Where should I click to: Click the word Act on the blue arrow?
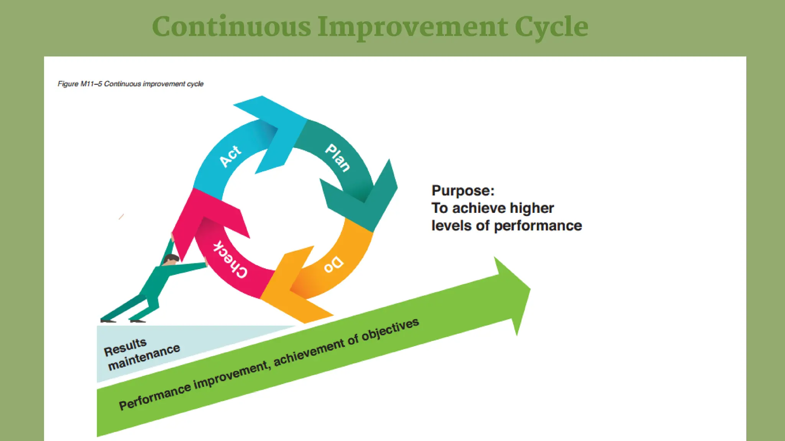pos(230,156)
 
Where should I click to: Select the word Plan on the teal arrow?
pos(338,158)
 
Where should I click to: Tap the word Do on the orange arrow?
pos(333,264)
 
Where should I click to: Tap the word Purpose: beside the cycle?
pos(463,191)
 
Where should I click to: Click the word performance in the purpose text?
pos(538,226)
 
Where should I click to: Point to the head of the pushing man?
pos(171,260)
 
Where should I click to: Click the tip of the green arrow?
pos(529,289)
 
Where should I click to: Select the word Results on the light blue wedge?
pos(125,347)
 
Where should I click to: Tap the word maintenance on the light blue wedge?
pos(144,357)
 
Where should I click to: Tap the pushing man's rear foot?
pos(108,320)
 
